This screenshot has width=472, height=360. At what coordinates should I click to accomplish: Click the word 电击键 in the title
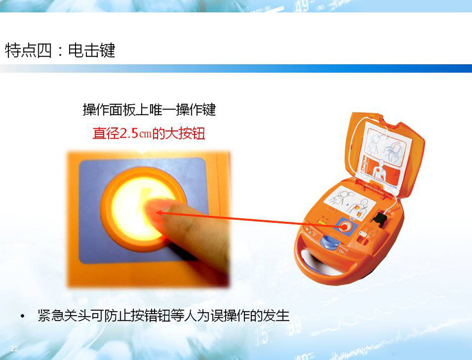pos(91,50)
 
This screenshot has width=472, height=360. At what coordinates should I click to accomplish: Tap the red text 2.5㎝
pos(136,133)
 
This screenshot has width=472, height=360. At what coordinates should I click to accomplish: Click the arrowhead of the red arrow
pos(160,213)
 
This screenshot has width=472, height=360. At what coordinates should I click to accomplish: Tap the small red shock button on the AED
pos(344,227)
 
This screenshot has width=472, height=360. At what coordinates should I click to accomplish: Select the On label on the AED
pos(342,251)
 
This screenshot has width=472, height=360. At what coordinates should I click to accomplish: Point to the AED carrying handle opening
pos(319,263)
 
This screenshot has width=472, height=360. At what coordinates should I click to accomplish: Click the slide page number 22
pos(14,349)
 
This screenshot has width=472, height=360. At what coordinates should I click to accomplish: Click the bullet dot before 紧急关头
pos(22,316)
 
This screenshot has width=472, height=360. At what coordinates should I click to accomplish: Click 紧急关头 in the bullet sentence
pos(64,316)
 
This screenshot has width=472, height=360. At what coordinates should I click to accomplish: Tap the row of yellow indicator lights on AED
pos(322,223)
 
